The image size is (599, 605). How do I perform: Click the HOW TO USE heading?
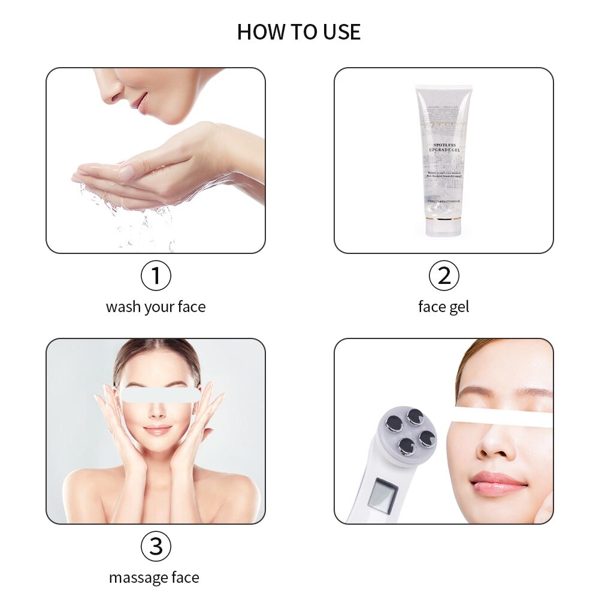[x=299, y=32]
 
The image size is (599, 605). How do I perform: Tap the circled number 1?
[x=156, y=276]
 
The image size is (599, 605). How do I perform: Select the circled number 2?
[x=444, y=276]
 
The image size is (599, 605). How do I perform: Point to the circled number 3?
[x=156, y=546]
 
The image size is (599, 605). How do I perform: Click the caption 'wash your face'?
[x=156, y=307]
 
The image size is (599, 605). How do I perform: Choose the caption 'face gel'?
[x=443, y=307]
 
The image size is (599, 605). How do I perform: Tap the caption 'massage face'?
[x=154, y=578]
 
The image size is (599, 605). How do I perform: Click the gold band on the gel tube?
[x=443, y=219]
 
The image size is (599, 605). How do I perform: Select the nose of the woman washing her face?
[x=109, y=93]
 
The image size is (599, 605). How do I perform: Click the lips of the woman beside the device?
[x=498, y=482]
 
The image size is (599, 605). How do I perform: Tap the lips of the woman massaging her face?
[x=158, y=429]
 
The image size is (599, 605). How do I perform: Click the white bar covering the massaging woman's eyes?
[x=160, y=394]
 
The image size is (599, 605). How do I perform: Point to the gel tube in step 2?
[x=443, y=159]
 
